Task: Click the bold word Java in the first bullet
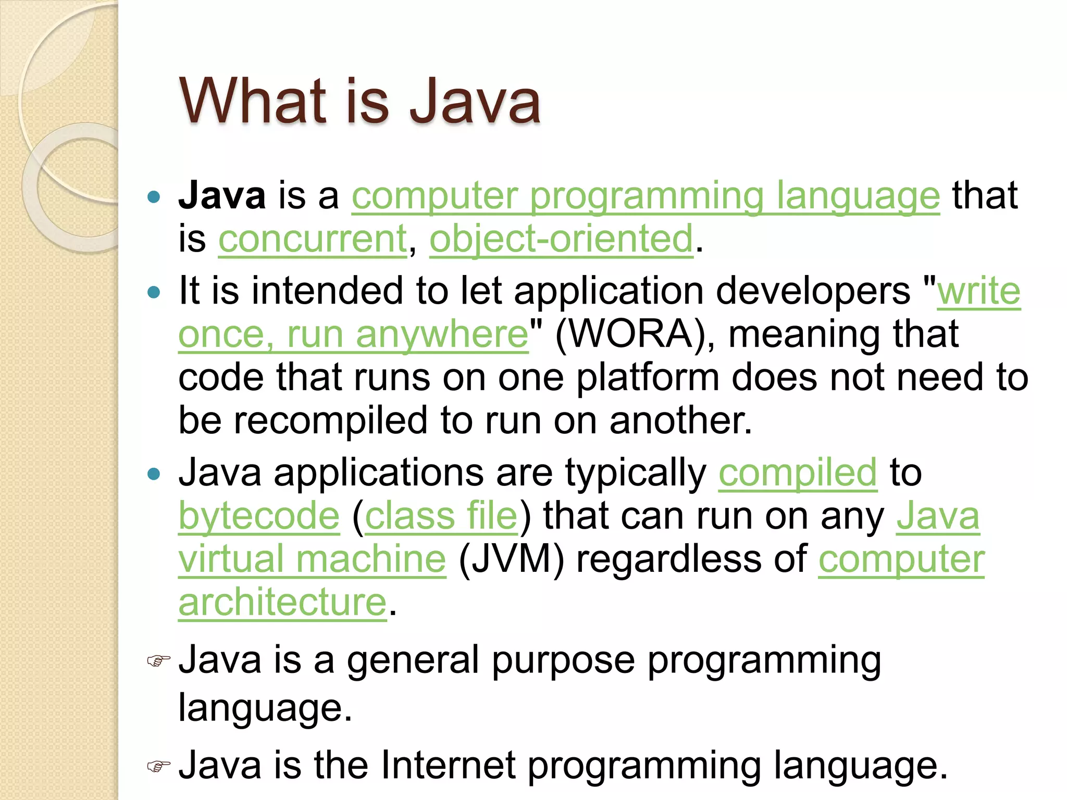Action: pyautogui.click(x=222, y=195)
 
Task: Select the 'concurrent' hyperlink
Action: pyautogui.click(x=312, y=239)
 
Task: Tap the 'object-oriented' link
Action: pyautogui.click(x=561, y=239)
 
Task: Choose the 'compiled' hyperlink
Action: pyautogui.click(x=798, y=472)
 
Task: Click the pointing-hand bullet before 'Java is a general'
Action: pyautogui.click(x=158, y=661)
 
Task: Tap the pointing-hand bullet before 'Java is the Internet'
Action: pyautogui.click(x=158, y=766)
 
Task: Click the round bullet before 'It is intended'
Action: pyautogui.click(x=154, y=292)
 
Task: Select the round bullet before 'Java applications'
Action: pyautogui.click(x=154, y=474)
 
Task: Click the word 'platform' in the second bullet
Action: pyautogui.click(x=648, y=377)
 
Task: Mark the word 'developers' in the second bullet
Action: pyautogui.click(x=813, y=291)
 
